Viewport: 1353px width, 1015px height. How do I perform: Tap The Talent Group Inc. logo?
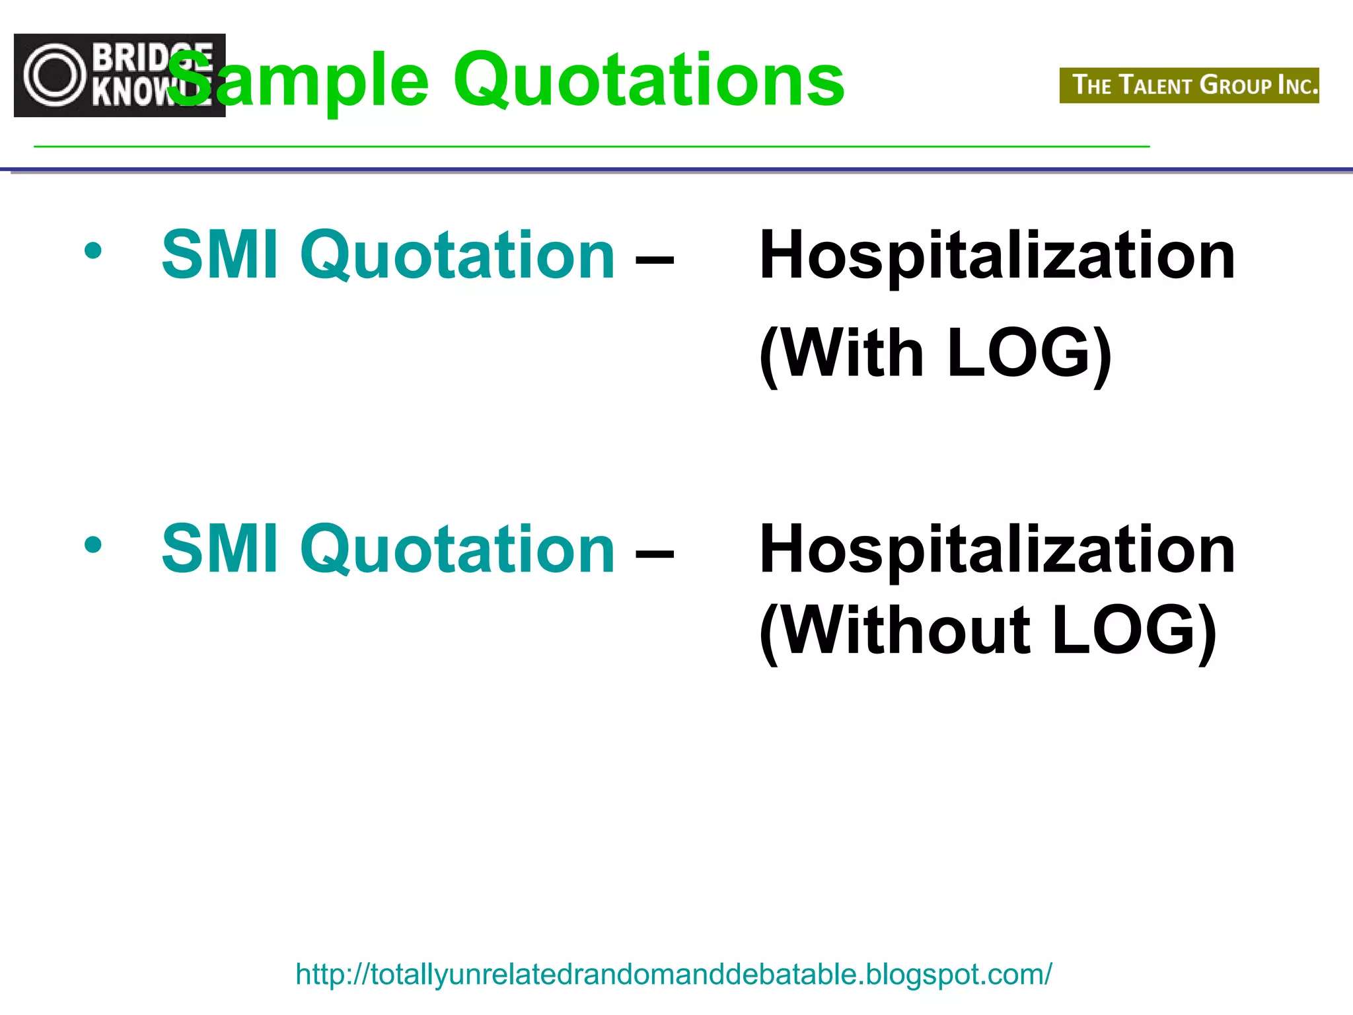pos(1188,85)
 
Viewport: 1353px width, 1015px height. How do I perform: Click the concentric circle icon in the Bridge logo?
pos(55,75)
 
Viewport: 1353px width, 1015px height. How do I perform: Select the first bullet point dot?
pos(93,250)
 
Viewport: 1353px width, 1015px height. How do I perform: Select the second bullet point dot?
pos(93,545)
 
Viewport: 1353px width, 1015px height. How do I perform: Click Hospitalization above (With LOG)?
pos(997,256)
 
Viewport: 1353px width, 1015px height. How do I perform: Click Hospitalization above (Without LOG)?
pos(997,550)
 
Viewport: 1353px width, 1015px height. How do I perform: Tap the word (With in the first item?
pos(842,354)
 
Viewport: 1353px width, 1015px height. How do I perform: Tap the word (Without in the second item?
pos(895,631)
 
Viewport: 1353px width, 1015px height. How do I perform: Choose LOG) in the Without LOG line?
pos(1134,631)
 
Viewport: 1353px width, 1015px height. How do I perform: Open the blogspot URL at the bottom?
pos(673,974)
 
